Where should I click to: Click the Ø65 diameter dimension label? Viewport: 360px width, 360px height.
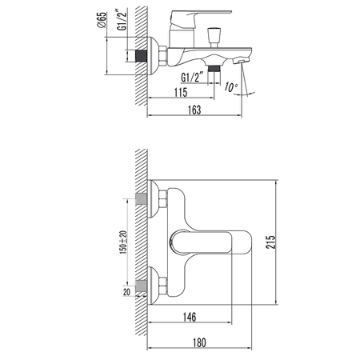pyautogui.click(x=102, y=20)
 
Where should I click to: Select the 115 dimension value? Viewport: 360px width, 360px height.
pyautogui.click(x=181, y=93)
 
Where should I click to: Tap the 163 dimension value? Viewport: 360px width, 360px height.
pyautogui.click(x=194, y=110)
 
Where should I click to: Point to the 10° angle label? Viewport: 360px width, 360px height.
pyautogui.click(x=230, y=87)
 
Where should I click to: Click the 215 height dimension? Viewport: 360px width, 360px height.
pyautogui.click(x=270, y=242)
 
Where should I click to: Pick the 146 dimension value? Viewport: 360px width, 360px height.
pyautogui.click(x=190, y=317)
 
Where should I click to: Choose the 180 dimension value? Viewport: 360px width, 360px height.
pyautogui.click(x=199, y=342)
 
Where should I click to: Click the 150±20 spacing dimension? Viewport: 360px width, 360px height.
pyautogui.click(x=123, y=242)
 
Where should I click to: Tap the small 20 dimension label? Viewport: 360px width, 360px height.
pyautogui.click(x=126, y=292)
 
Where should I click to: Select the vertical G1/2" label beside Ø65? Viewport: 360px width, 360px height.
pyautogui.click(x=122, y=19)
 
